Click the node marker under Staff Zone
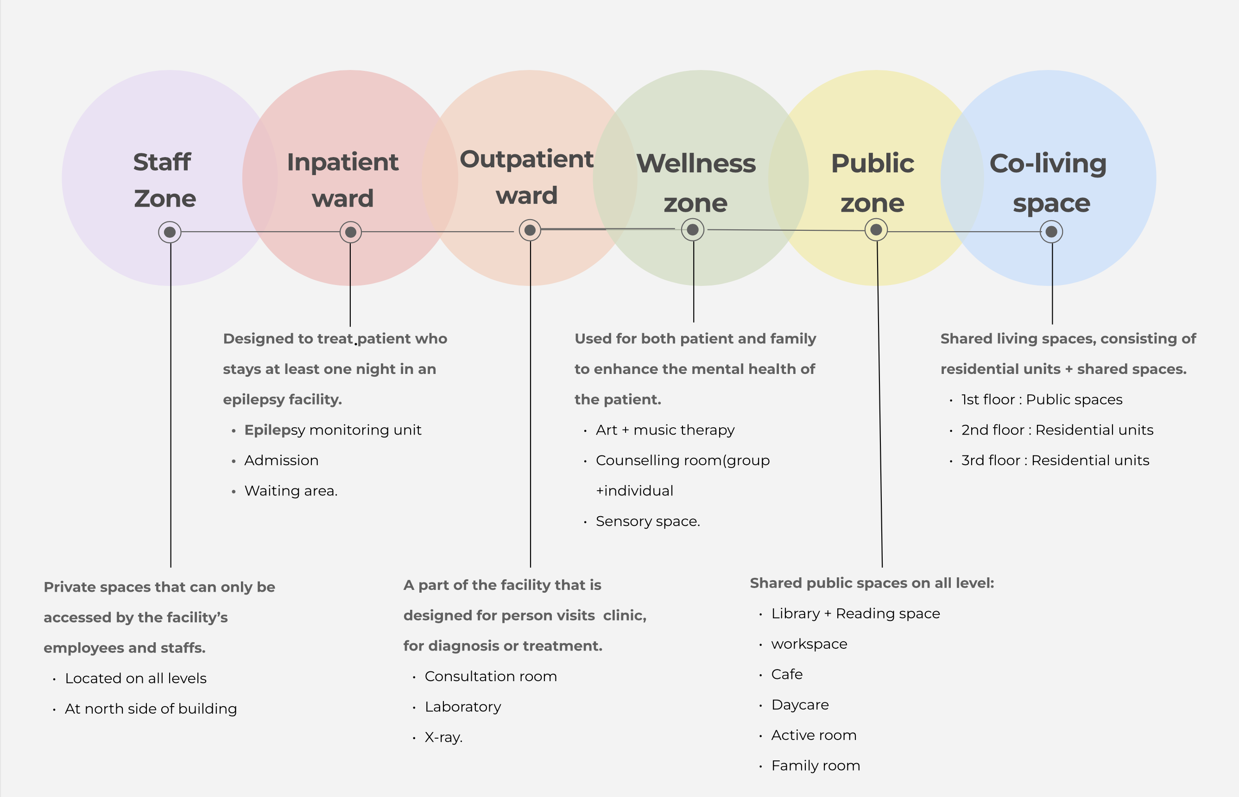tap(170, 232)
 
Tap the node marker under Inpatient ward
tap(350, 232)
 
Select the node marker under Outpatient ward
tap(530, 230)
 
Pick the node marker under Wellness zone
tap(692, 230)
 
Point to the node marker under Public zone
tap(876, 230)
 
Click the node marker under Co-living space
tap(1051, 232)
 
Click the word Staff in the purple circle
tap(162, 162)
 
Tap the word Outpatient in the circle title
tap(526, 159)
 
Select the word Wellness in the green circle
tap(695, 164)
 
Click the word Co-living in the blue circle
tap(1048, 164)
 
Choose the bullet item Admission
tap(281, 461)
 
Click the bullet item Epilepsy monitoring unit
tap(332, 430)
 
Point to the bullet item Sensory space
tap(647, 521)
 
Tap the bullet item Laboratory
tap(463, 707)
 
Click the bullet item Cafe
tap(787, 675)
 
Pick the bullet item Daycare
tap(800, 705)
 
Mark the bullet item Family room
tap(815, 766)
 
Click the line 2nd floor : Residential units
tap(1057, 430)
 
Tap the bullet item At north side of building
tap(151, 709)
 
